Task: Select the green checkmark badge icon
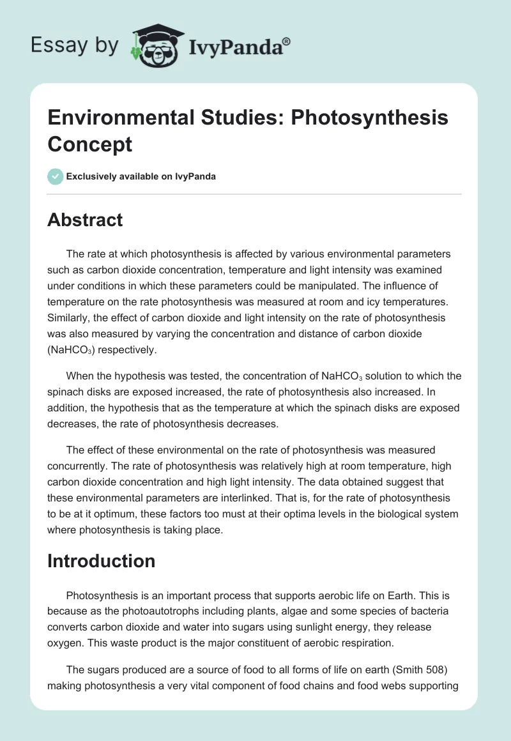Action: pyautogui.click(x=56, y=176)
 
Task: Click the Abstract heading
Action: pyautogui.click(x=85, y=220)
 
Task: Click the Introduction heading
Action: pyautogui.click(x=102, y=561)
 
